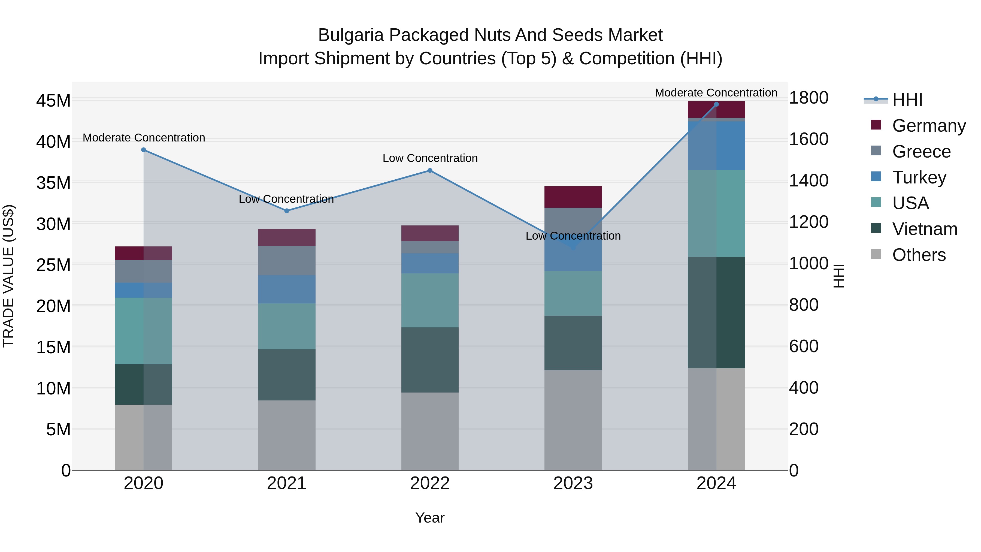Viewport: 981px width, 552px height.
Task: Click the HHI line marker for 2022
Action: coord(430,171)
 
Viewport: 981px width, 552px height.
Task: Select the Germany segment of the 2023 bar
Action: coord(573,197)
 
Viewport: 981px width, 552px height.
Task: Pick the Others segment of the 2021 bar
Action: coord(287,435)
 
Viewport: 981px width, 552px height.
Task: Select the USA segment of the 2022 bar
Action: coord(430,300)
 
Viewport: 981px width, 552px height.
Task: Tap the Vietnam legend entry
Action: coord(924,229)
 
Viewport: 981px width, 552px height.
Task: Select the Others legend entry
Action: coord(919,255)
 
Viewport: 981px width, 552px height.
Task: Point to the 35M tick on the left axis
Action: coord(53,183)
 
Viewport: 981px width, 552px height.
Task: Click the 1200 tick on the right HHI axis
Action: coord(809,222)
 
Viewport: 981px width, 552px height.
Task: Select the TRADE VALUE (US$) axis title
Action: coord(8,276)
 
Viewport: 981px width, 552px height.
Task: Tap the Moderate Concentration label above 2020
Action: coord(144,138)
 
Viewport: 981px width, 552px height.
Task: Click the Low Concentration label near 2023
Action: coord(573,236)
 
